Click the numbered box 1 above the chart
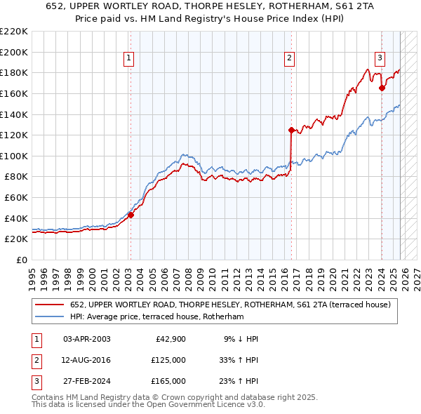130,59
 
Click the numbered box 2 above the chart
290,59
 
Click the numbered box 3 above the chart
380,59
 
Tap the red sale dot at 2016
290,130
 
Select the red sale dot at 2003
131,215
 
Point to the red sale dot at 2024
382,88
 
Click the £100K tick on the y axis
14,156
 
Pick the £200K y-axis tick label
14,52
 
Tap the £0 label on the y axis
20,260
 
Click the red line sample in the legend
49,305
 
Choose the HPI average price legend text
156,317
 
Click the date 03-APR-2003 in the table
87,339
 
